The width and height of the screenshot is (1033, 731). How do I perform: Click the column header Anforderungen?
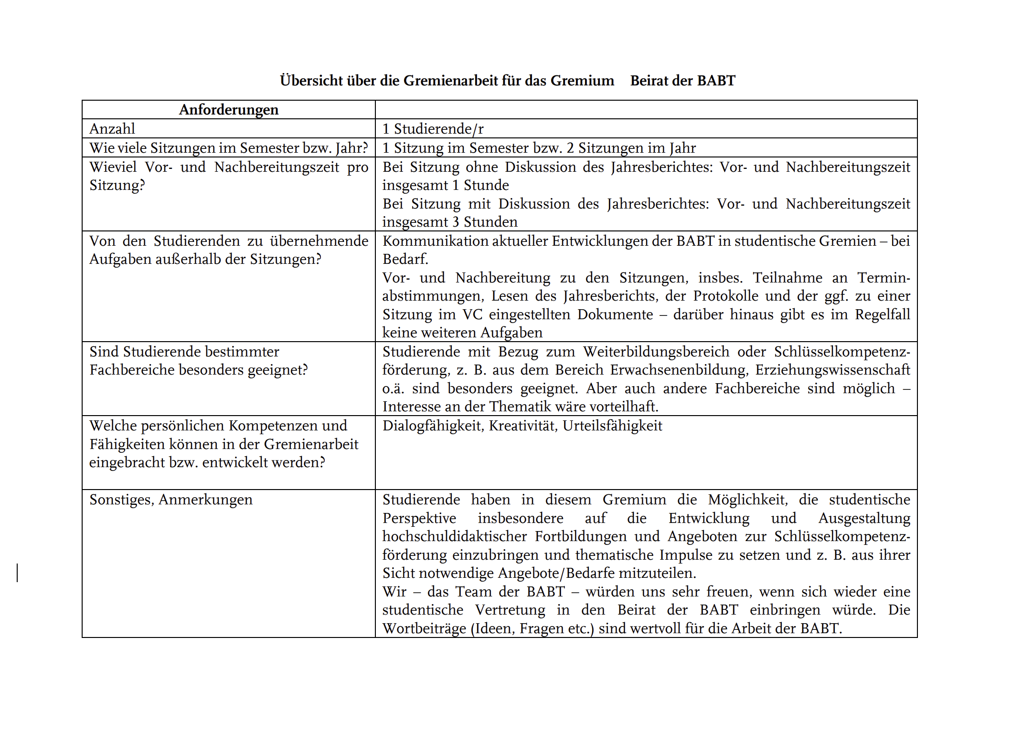(x=228, y=110)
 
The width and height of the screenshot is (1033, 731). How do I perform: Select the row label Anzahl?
(x=112, y=129)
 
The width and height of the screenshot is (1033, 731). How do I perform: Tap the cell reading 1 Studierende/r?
(x=433, y=129)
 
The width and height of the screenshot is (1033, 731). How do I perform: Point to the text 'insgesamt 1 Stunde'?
(x=445, y=185)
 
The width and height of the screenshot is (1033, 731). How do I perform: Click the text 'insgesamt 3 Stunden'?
(x=449, y=222)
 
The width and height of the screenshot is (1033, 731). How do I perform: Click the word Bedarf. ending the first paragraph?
(x=405, y=259)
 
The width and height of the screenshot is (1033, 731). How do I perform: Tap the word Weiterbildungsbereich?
(x=656, y=352)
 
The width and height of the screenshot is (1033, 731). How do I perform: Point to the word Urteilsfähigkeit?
(x=612, y=426)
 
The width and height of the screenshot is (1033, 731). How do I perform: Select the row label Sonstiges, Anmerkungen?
(x=170, y=500)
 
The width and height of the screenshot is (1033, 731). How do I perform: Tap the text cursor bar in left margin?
(x=18, y=573)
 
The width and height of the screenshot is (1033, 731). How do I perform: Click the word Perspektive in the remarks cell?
(x=419, y=518)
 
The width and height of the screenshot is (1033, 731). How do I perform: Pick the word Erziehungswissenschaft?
(x=832, y=370)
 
